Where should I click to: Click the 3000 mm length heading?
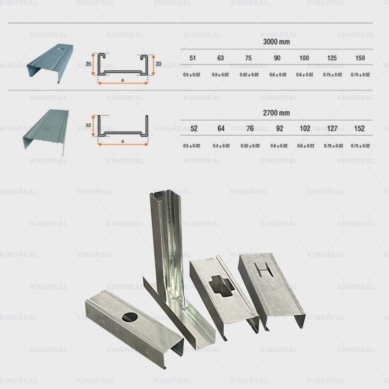click(x=276, y=42)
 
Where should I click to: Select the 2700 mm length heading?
click(x=276, y=113)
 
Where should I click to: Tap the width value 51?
click(x=193, y=58)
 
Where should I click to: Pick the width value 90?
click(x=277, y=58)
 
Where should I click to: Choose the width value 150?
click(x=360, y=58)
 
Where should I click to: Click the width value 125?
click(x=332, y=58)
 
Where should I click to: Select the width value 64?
click(x=221, y=129)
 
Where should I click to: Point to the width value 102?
click(x=305, y=129)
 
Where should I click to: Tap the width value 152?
click(x=360, y=129)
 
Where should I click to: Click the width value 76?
click(x=249, y=129)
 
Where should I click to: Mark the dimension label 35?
click(x=88, y=64)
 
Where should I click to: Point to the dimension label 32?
click(x=88, y=125)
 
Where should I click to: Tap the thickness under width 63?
click(x=221, y=75)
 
